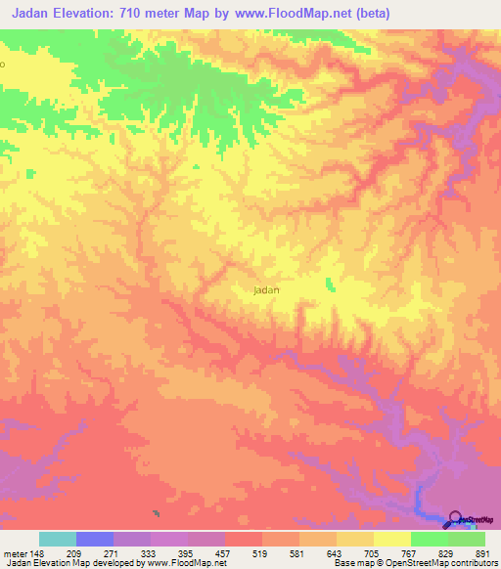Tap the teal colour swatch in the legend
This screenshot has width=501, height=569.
coord(58,538)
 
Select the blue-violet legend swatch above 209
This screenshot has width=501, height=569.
coord(95,538)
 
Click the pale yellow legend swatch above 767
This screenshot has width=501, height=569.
coord(392,538)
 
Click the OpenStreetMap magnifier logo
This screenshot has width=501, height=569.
coord(456,520)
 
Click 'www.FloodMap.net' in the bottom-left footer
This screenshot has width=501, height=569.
coord(185,562)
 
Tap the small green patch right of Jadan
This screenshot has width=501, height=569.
coord(329,284)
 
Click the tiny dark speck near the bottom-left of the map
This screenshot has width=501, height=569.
coord(156,512)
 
